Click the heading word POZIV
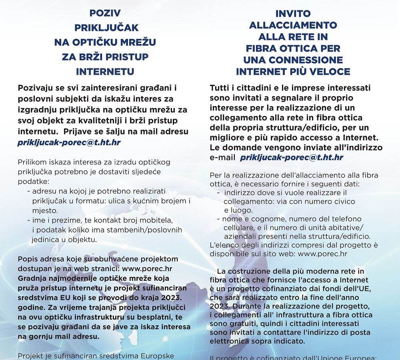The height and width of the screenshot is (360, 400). [x=105, y=13]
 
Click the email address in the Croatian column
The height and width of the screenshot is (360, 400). [x=69, y=142]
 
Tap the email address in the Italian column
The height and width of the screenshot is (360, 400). [x=291, y=158]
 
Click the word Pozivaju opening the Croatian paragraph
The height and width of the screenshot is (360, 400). [x=36, y=88]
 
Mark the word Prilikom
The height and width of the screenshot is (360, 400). [x=32, y=162]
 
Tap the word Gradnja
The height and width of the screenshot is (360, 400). [x=32, y=278]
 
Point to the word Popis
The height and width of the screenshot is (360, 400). [x=28, y=259]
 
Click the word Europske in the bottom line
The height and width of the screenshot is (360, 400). [x=171, y=356]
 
